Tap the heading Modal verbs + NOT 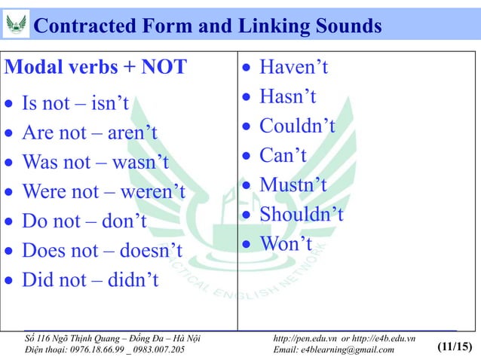coord(96,67)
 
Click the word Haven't coord(294,68)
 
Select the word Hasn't coord(287,97)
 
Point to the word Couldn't coord(297,126)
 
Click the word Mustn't coord(293,185)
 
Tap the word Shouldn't coord(302,215)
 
